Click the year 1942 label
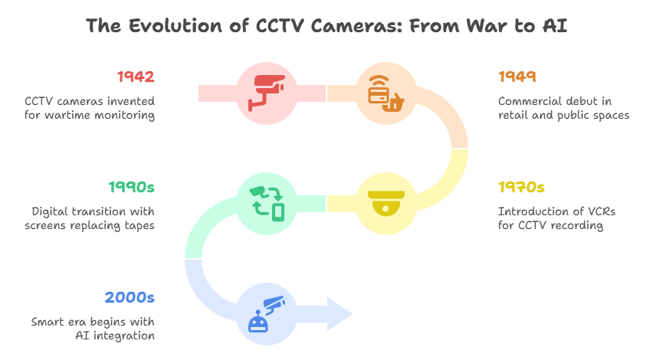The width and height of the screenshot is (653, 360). coord(136,77)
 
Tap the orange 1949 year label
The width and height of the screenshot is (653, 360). coord(517,77)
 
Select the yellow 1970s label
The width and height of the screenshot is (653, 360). coord(521,188)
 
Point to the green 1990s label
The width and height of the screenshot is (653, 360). coord(132,188)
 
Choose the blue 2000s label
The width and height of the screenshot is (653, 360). coord(130,297)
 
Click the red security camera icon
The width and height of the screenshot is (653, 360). coord(267,93)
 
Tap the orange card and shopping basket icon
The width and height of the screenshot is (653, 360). coord(386,93)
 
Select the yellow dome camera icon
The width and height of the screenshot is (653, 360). coord(386,203)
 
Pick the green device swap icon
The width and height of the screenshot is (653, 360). coord(267,204)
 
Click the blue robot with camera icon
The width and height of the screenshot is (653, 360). coord(267,314)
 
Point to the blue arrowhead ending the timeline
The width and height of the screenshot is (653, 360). coord(340,314)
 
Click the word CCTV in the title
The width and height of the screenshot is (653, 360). coord(280,26)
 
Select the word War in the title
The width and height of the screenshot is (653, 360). coord(487,26)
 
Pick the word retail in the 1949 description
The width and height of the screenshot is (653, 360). coord(513,116)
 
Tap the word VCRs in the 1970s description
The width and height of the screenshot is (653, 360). coord(602,211)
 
